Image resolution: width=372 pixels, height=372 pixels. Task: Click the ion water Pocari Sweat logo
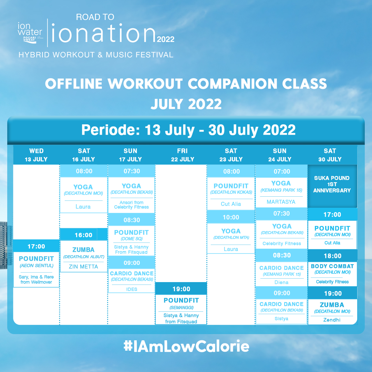point(30,33)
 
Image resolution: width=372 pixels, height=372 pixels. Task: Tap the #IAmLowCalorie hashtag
point(186,346)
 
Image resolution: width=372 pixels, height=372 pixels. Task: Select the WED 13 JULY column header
point(36,155)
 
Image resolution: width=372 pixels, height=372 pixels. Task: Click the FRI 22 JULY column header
point(183,155)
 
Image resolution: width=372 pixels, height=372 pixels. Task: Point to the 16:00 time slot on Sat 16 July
point(83,235)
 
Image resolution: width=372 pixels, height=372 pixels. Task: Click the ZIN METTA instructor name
point(83,267)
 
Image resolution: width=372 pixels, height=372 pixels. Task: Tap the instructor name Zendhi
point(332,320)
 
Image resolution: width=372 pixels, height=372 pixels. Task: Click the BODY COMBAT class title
point(332,266)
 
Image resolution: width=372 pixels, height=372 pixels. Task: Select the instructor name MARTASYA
point(281,202)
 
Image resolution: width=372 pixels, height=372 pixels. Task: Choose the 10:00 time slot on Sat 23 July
point(231,217)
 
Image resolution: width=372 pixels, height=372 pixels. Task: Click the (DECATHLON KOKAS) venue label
point(231,192)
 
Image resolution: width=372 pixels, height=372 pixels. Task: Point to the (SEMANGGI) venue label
point(182,308)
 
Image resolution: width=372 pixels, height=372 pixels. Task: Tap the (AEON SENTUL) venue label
point(36,266)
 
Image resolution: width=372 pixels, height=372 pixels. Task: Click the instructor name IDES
point(132,289)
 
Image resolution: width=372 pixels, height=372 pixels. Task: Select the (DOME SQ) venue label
point(132,239)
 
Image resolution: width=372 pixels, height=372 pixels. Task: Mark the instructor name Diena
point(281,282)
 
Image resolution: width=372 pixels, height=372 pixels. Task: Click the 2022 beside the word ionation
point(166,39)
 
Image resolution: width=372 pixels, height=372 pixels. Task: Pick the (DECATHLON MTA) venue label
point(231,237)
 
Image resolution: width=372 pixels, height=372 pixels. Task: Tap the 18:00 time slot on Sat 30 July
point(333,256)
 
